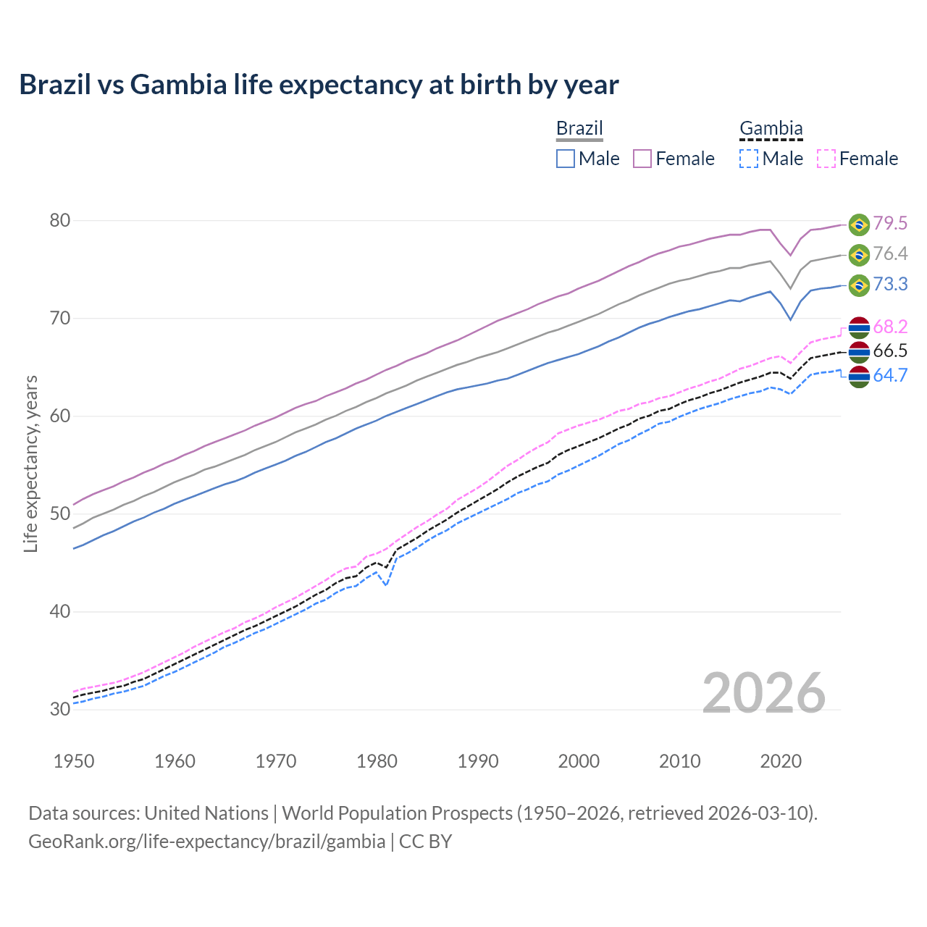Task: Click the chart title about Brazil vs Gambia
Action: [x=319, y=85]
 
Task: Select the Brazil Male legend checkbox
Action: [x=566, y=159]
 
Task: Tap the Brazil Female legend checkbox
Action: [x=642, y=159]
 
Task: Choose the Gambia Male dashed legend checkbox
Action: [x=749, y=159]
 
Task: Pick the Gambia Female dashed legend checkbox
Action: [x=826, y=159]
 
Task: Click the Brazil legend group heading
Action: [x=579, y=129]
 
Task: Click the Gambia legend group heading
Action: [x=771, y=129]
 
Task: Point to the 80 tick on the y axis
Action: [x=60, y=220]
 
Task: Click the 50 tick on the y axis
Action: [x=60, y=514]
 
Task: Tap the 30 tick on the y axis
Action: [x=60, y=709]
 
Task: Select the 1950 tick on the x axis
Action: [x=74, y=761]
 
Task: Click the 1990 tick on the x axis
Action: [x=478, y=761]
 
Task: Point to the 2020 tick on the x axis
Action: [x=781, y=761]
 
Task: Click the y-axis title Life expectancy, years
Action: [x=30, y=463]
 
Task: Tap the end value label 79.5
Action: [x=890, y=224]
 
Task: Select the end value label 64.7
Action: [x=890, y=375]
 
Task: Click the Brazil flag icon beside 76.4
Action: [x=859, y=254]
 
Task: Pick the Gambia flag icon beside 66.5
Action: [x=859, y=351]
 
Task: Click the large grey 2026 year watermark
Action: [x=764, y=693]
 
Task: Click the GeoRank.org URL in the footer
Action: [x=206, y=842]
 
